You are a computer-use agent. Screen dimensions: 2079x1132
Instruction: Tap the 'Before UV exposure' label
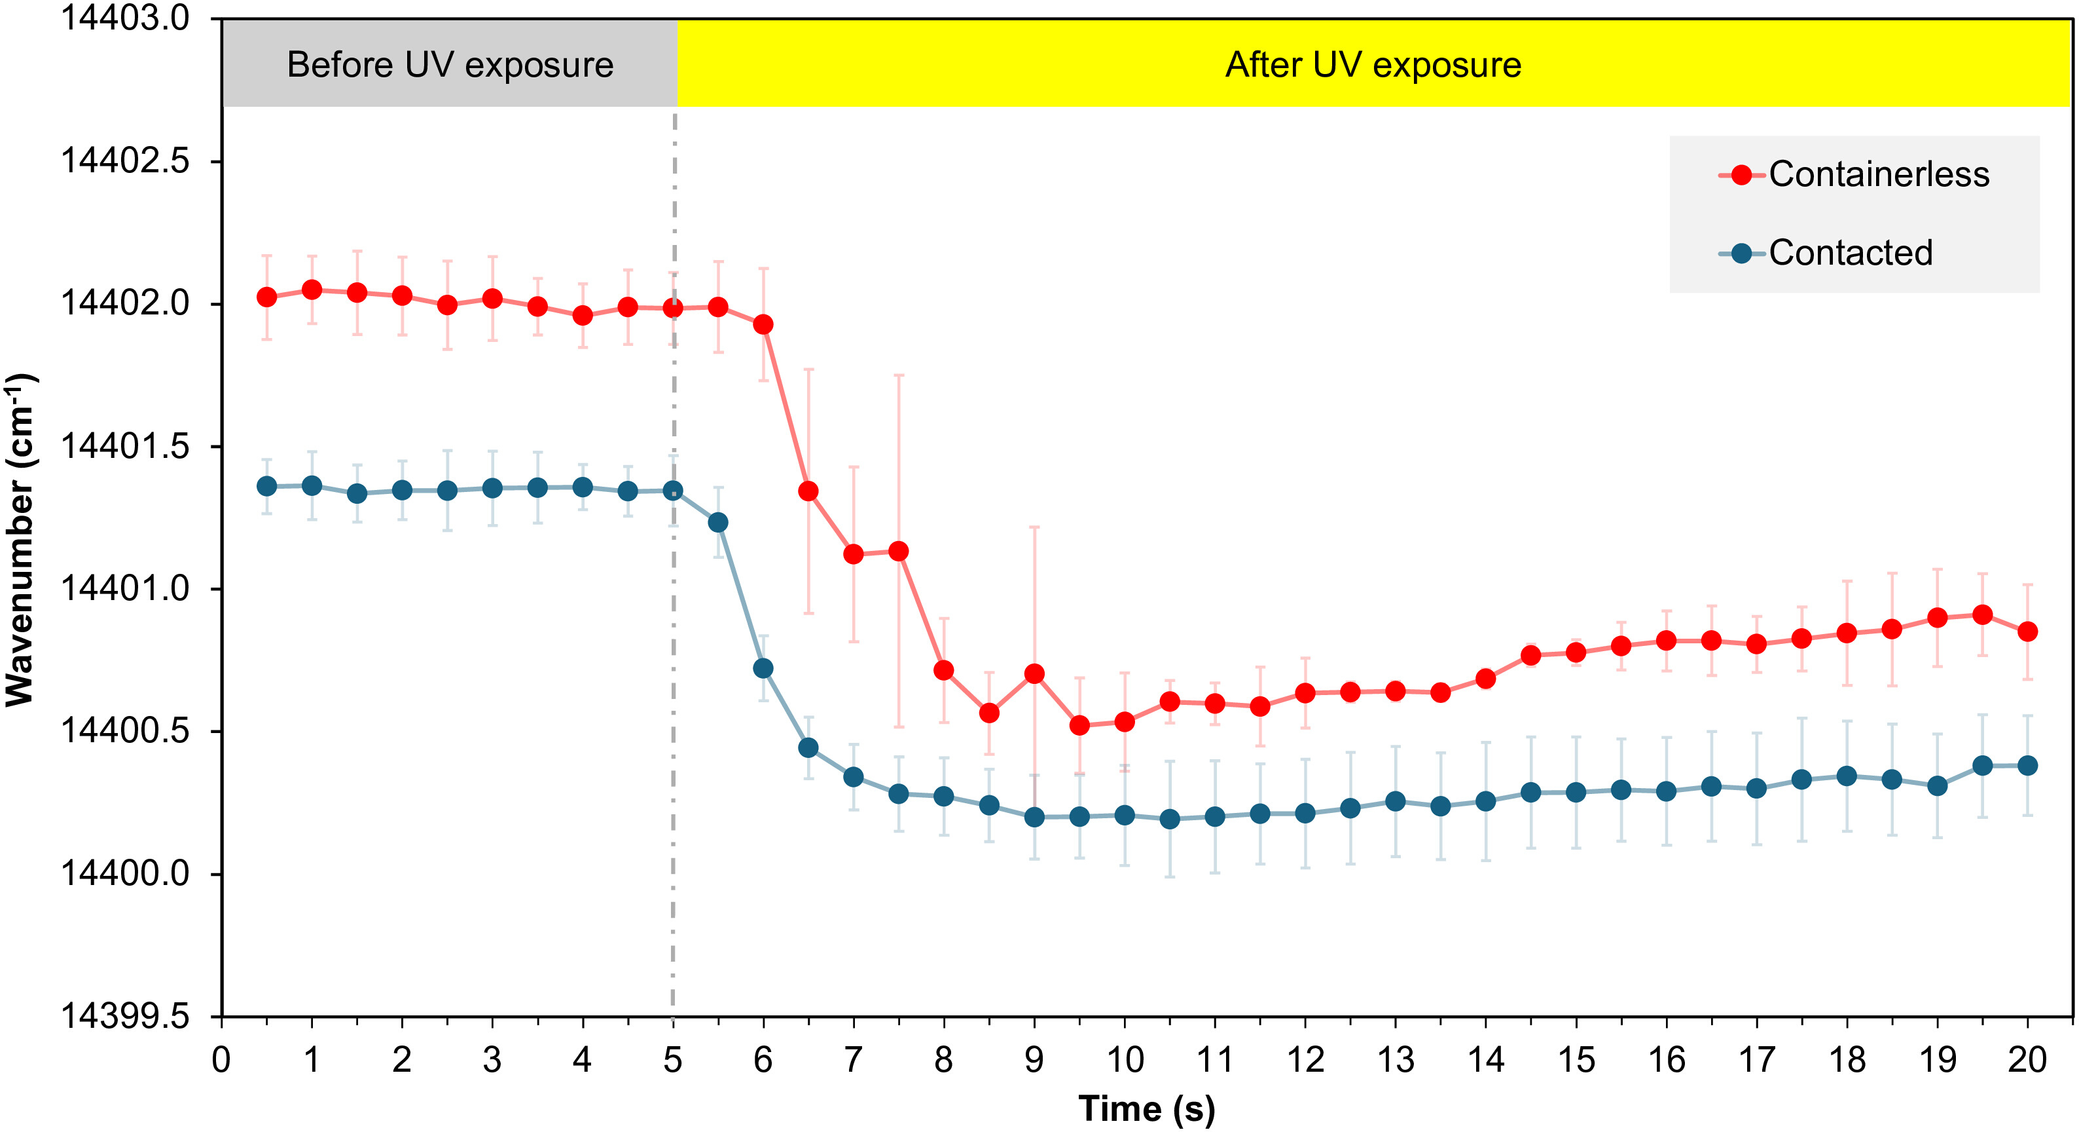450,65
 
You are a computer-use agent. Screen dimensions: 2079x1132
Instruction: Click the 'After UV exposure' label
1373,65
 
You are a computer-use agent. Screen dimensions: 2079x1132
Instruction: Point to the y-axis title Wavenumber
20,539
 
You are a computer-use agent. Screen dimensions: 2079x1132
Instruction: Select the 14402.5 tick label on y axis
125,160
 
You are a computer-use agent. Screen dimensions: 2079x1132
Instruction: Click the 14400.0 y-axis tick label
125,874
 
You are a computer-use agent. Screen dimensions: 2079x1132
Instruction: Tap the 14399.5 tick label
125,1017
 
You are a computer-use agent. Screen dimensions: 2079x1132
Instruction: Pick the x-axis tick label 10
1124,1059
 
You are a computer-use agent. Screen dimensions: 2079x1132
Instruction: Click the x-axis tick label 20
2027,1059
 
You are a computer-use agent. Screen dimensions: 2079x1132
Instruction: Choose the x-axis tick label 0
221,1059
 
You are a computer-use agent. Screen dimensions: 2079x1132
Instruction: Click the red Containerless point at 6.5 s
808,491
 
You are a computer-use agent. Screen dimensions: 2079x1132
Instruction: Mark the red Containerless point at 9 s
1034,673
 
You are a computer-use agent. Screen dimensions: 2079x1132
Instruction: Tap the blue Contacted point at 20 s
2027,764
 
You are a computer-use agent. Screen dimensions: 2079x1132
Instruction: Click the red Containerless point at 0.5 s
266,297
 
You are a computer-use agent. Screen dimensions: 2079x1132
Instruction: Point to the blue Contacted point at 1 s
312,485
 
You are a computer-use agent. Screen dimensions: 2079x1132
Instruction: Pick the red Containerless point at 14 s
1485,678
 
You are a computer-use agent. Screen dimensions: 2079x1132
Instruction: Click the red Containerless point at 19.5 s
1982,614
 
